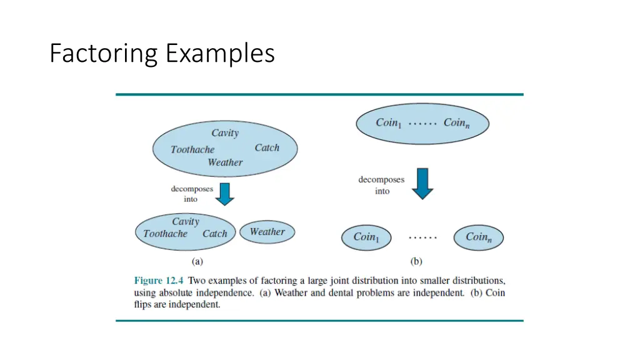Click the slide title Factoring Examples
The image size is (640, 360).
(162, 54)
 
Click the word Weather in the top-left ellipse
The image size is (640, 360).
(225, 162)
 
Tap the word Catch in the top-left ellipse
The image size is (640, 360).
(267, 148)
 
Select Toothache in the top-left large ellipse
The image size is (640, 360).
(192, 150)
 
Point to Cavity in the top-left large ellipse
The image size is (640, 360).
(225, 133)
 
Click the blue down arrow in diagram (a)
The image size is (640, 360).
(225, 194)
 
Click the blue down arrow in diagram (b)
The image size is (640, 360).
(423, 182)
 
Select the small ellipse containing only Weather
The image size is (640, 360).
(267, 232)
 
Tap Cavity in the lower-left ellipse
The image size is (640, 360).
(186, 222)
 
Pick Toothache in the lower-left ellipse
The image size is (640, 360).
(165, 234)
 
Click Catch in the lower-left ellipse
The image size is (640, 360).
(214, 234)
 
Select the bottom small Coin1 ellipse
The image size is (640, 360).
(366, 237)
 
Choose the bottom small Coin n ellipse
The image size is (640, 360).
(478, 237)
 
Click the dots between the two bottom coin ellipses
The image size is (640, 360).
(422, 237)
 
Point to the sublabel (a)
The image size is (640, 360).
(197, 261)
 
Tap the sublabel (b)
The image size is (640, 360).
(416, 261)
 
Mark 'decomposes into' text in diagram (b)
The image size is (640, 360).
(381, 185)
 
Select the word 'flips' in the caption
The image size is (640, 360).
(144, 305)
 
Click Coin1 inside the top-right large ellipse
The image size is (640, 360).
(389, 123)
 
